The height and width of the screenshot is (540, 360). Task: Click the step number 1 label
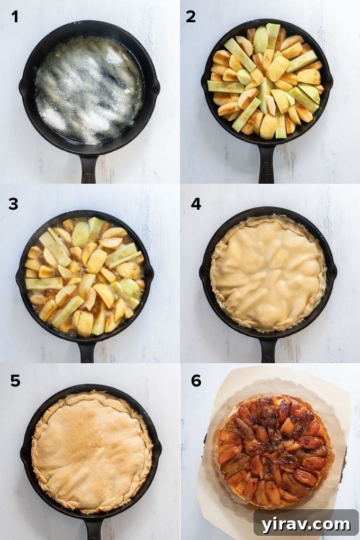coord(15,17)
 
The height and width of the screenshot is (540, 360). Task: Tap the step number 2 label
coord(191,17)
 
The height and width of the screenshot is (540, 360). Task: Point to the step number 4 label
coord(196,203)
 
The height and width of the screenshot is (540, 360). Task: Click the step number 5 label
coord(15,380)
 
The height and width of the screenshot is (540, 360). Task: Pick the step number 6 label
coord(196,380)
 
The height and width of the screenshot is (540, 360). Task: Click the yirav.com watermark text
coord(305,524)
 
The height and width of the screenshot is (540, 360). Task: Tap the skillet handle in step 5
coord(93,527)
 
